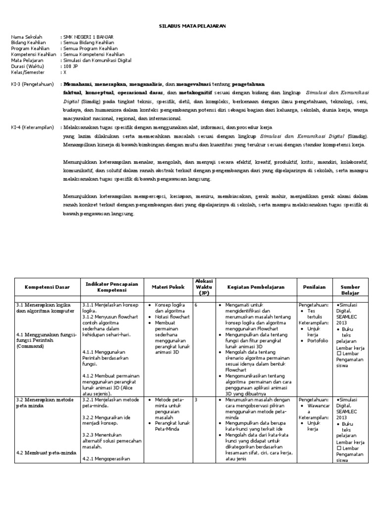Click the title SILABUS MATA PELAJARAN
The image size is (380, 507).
190,25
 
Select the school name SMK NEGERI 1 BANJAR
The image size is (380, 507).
88,37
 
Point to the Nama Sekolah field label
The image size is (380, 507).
27,37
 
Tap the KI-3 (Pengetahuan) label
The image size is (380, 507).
32,84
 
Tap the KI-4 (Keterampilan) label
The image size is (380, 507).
32,127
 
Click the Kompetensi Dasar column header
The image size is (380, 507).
47,287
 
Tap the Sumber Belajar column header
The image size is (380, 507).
350,290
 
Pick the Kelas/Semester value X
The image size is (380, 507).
64,72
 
